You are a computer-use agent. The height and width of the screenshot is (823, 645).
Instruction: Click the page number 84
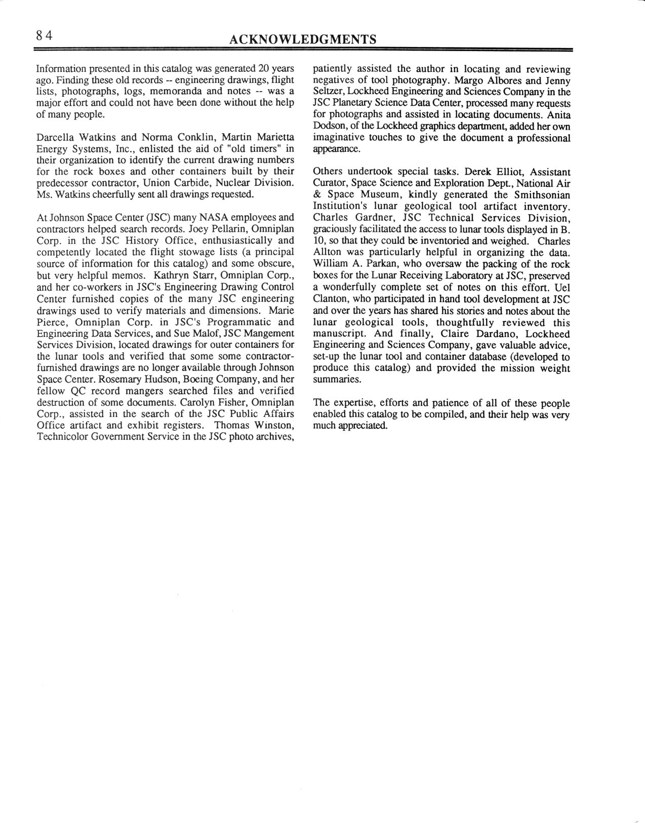click(x=44, y=36)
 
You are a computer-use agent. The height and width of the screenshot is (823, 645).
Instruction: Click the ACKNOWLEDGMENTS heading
click(x=302, y=39)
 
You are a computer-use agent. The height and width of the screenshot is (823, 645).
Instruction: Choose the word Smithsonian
click(x=539, y=195)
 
